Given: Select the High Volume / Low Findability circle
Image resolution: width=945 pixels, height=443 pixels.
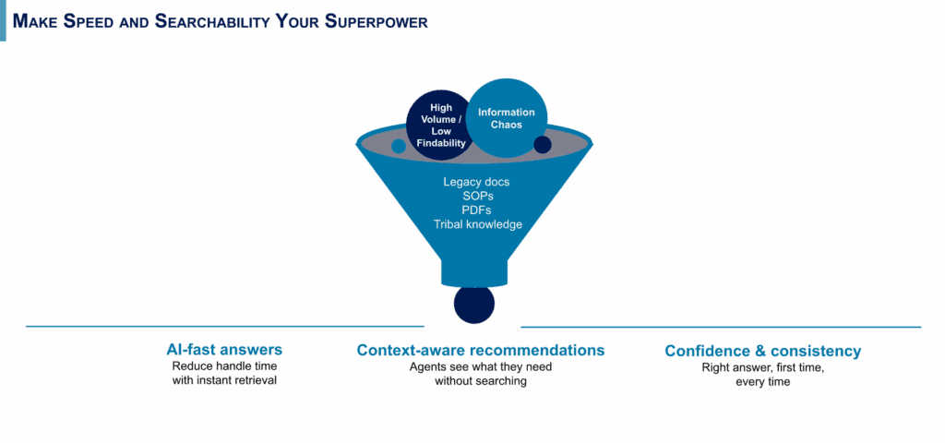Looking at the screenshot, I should click(437, 126).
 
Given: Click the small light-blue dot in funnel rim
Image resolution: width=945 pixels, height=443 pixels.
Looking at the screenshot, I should click(399, 146).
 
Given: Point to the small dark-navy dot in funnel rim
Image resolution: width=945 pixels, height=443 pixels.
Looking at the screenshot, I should click(543, 145).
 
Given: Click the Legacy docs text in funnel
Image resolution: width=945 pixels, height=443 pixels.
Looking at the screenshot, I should click(476, 182).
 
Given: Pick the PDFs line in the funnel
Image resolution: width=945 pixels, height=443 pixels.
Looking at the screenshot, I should click(477, 210).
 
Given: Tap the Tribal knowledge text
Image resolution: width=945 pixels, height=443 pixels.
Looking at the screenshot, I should click(477, 224).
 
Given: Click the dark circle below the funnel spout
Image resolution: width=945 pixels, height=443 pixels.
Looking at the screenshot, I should click(473, 305).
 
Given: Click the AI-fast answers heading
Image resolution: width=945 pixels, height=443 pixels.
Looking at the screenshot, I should click(224, 351).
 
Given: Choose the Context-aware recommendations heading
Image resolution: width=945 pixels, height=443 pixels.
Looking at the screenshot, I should click(481, 351).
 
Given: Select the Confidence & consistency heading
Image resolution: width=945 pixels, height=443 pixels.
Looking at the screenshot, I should click(763, 352).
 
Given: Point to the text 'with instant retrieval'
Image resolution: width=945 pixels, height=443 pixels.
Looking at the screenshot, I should click(224, 380).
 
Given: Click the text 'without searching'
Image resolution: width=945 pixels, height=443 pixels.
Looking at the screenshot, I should click(481, 381).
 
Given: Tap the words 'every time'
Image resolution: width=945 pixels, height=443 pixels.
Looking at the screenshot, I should click(763, 381).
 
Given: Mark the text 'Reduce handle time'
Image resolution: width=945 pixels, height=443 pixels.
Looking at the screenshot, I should click(224, 366).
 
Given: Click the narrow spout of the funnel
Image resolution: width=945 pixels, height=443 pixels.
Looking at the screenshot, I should click(474, 271).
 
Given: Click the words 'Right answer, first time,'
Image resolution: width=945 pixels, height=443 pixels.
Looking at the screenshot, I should click(763, 367).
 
